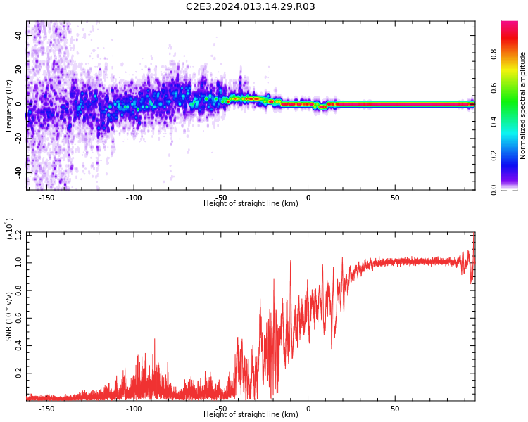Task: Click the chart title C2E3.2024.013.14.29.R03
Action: click(x=251, y=7)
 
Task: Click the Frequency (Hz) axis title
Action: click(x=9, y=105)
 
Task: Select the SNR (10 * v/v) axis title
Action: click(x=9, y=316)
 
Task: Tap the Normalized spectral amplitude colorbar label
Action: click(x=523, y=105)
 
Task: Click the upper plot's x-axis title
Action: click(x=251, y=204)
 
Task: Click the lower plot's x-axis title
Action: click(x=251, y=415)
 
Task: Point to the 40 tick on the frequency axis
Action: click(x=18, y=36)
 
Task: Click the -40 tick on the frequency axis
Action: click(x=17, y=172)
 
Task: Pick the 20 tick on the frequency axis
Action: click(x=18, y=70)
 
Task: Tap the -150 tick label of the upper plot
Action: click(x=46, y=198)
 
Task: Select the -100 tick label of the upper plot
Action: click(x=134, y=198)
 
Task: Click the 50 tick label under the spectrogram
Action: click(x=395, y=198)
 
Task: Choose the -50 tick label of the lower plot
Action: click(x=221, y=409)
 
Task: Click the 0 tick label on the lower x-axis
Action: click(x=308, y=409)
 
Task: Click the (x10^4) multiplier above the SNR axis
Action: click(x=10, y=229)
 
